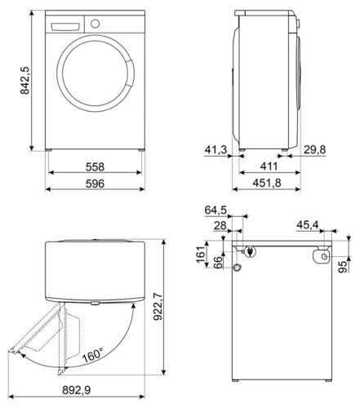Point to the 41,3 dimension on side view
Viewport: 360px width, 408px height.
coord(215,149)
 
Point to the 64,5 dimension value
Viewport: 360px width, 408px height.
coord(215,210)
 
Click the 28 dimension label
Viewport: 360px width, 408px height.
coord(220,226)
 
